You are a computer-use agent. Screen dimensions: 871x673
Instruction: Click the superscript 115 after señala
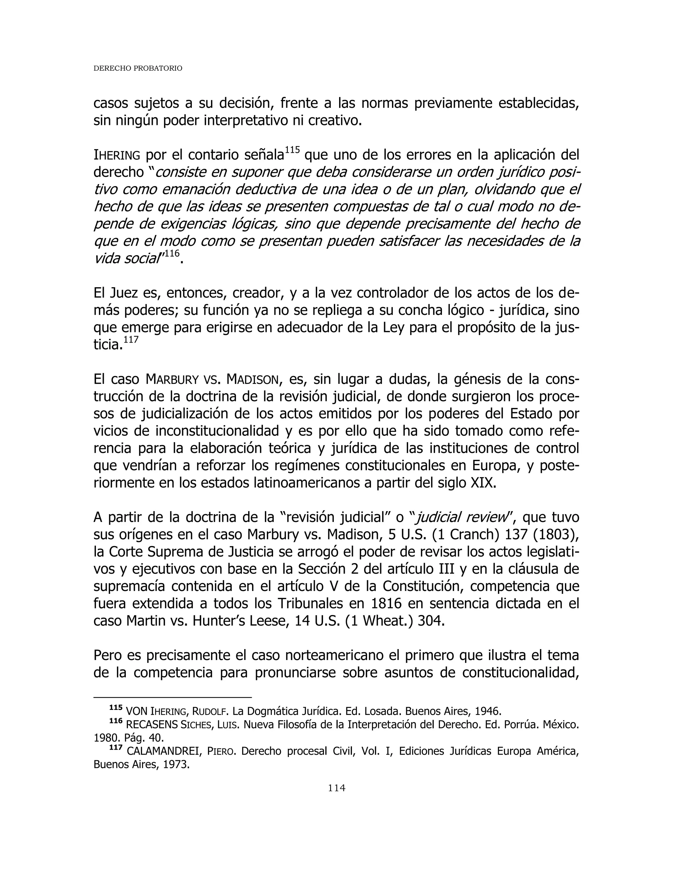[293, 150]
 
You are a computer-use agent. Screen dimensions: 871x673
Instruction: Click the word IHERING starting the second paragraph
[116, 155]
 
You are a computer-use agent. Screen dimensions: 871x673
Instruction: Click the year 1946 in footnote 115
[488, 711]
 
